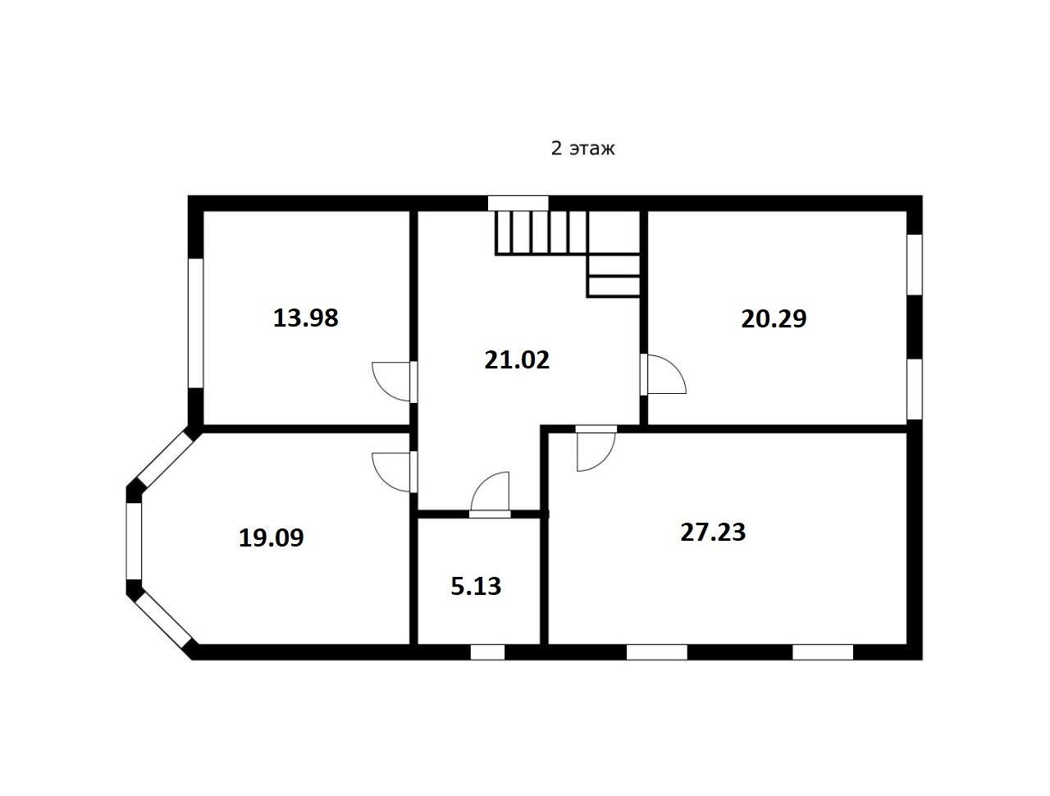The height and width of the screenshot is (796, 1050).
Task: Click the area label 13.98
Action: (x=306, y=318)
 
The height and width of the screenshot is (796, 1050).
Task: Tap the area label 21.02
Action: (x=517, y=359)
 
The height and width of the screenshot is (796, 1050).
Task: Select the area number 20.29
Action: (x=774, y=318)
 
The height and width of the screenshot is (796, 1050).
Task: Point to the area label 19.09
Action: (x=272, y=538)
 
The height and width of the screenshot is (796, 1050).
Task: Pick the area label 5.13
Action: (x=476, y=586)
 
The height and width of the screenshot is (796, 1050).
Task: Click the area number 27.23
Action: (x=713, y=532)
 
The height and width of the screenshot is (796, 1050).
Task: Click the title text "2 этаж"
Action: (x=582, y=149)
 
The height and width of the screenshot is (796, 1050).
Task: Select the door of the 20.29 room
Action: (x=663, y=373)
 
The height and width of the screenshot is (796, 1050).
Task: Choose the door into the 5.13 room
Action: (x=490, y=495)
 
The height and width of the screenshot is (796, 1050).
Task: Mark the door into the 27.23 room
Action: (x=596, y=448)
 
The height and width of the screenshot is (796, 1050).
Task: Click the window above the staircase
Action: (x=518, y=203)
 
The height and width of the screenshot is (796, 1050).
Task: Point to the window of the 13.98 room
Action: (x=196, y=323)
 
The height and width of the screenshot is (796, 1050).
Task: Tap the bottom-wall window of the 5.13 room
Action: (x=487, y=652)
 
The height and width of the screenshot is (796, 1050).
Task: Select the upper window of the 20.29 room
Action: (x=915, y=264)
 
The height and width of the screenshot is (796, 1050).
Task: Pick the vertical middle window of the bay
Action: (x=134, y=541)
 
